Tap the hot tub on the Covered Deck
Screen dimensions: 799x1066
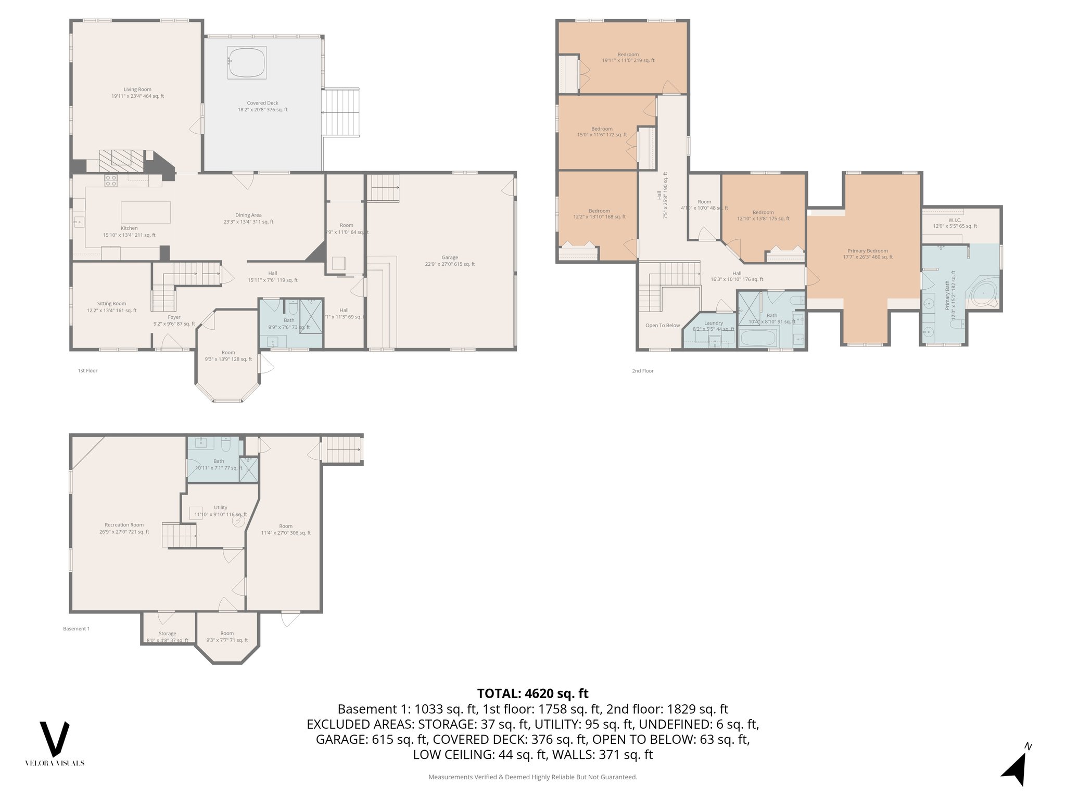[247, 63]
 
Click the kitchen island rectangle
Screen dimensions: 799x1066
[146, 212]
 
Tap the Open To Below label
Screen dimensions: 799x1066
[663, 326]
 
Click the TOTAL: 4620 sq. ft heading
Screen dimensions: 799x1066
[532, 693]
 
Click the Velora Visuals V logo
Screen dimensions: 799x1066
[55, 739]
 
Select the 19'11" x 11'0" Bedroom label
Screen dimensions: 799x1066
[628, 57]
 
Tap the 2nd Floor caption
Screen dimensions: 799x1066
[642, 371]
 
